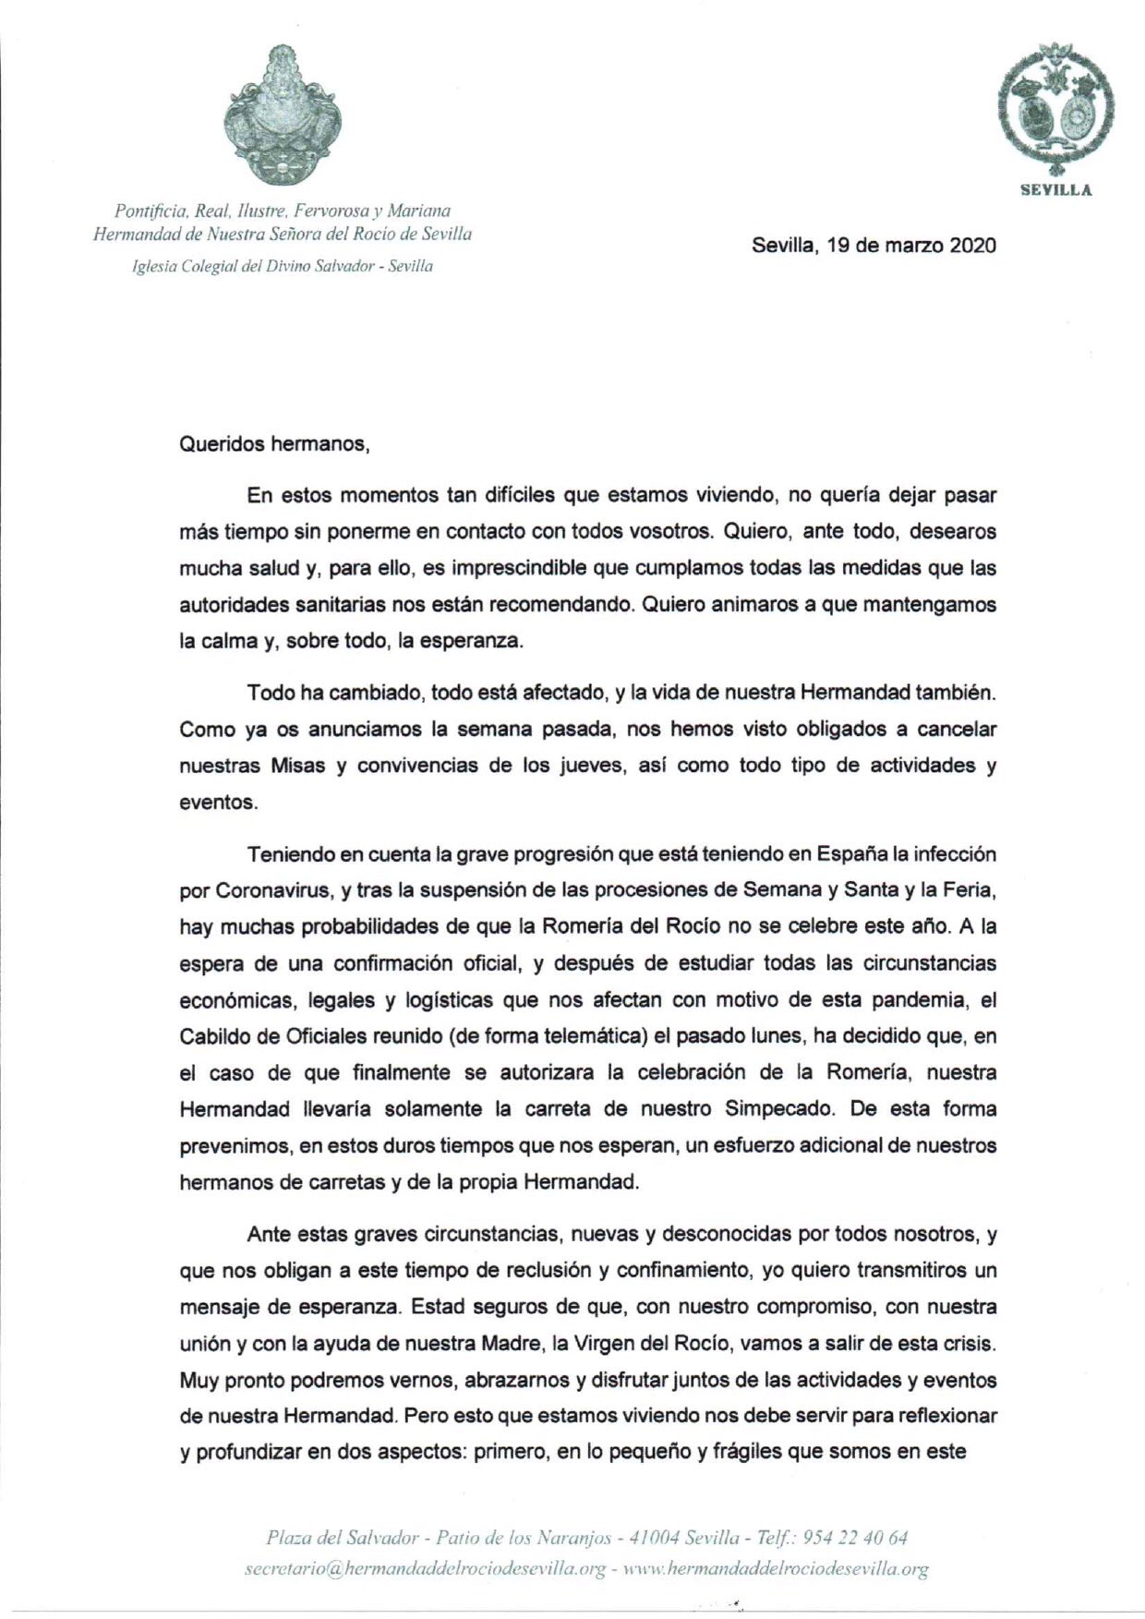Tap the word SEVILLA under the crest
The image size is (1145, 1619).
1055,190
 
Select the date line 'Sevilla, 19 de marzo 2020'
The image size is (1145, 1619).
874,246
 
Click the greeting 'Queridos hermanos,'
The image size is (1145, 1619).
274,443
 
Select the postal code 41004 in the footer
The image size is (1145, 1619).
655,1538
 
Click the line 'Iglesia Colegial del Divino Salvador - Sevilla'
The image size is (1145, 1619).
283,266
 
